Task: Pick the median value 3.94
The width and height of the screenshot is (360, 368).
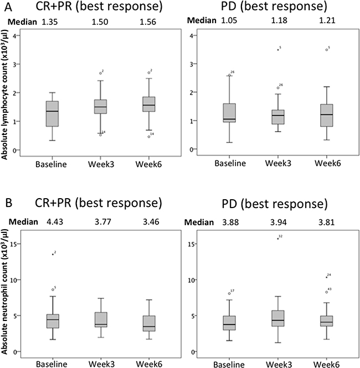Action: pos(277,225)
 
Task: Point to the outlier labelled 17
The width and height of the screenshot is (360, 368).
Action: pos(229,293)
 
